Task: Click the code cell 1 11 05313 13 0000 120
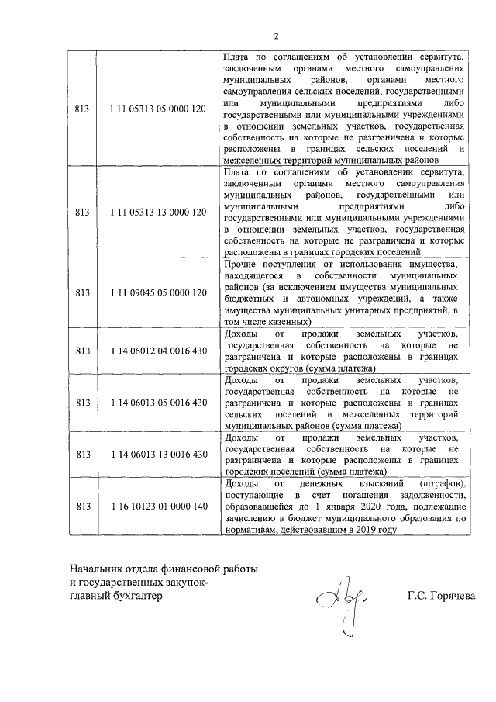point(159,212)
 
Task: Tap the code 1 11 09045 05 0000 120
point(159,293)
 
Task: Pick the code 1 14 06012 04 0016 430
point(159,351)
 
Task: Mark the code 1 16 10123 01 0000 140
point(159,506)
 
